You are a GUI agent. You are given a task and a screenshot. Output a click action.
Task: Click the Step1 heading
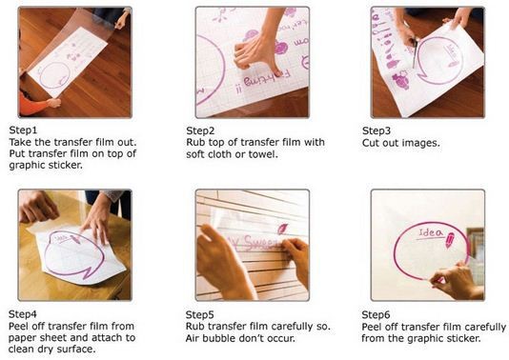[x=23, y=130]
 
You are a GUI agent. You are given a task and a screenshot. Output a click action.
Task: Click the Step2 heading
[x=200, y=130]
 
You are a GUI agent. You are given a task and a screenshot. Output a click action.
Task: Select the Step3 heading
[x=377, y=130]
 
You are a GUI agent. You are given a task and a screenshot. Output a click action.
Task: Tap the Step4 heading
[x=22, y=314]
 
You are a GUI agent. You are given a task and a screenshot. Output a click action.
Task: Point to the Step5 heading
[x=199, y=314]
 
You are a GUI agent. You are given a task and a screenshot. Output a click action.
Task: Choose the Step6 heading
[x=376, y=314]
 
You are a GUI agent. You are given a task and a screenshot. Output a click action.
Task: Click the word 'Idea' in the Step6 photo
[x=431, y=232]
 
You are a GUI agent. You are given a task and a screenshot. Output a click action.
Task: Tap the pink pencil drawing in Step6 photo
[x=449, y=240]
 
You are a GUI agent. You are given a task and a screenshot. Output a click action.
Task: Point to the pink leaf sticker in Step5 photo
[x=282, y=229]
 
